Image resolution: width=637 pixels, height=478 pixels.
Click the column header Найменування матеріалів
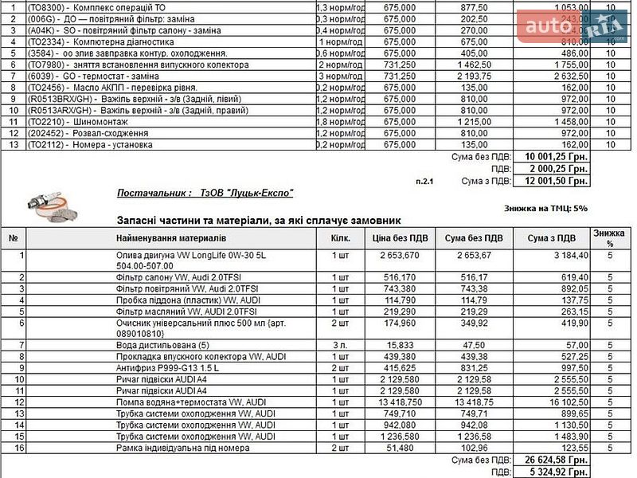pyautogui.click(x=171, y=237)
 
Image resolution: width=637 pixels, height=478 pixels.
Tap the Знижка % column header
pyautogui.click(x=608, y=237)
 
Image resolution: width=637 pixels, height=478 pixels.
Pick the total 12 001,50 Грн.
pyautogui.click(x=555, y=181)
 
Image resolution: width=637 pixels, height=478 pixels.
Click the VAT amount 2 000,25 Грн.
pyautogui.click(x=555, y=169)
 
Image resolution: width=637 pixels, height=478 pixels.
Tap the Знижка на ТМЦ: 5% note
pyautogui.click(x=545, y=209)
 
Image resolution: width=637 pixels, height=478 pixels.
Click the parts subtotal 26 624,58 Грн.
pyautogui.click(x=555, y=460)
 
